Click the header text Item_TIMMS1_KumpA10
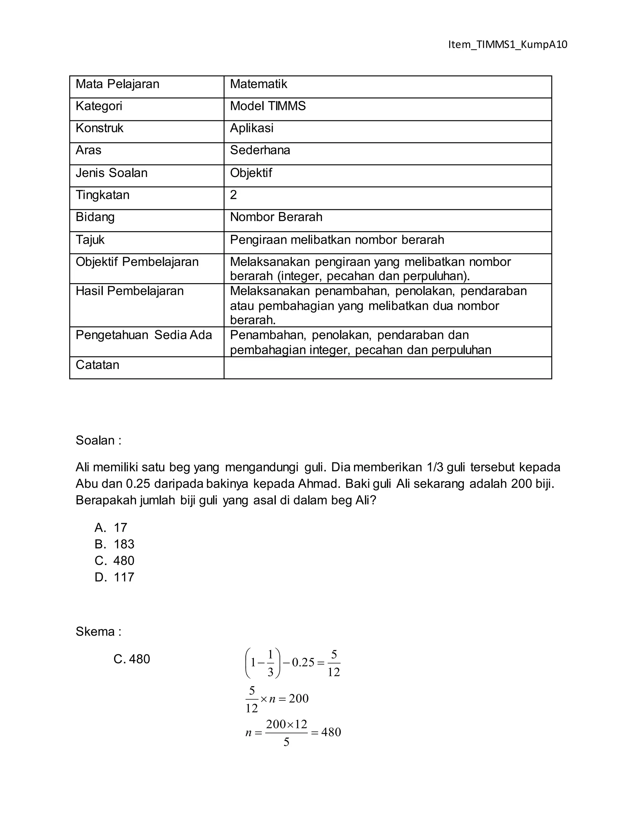(508, 45)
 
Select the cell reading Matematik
(258, 84)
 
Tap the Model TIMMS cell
(267, 106)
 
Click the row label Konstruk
(99, 128)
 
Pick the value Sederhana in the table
(260, 150)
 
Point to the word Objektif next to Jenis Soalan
(251, 173)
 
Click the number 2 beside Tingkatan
(233, 195)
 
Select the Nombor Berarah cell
(276, 217)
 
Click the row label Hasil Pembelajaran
(129, 291)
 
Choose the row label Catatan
(97, 365)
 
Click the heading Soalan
(98, 440)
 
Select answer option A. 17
(111, 528)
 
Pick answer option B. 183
(114, 544)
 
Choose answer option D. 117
(114, 577)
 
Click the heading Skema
(98, 632)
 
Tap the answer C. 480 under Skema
(132, 659)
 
